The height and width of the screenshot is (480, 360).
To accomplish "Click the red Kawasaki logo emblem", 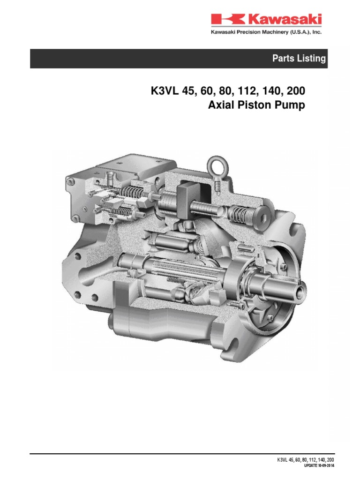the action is [228, 19].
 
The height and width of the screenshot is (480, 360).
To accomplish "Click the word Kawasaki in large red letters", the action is [285, 19].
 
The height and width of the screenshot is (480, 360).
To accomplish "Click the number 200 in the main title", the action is [296, 91].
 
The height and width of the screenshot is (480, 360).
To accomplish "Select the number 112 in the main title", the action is [247, 91].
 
